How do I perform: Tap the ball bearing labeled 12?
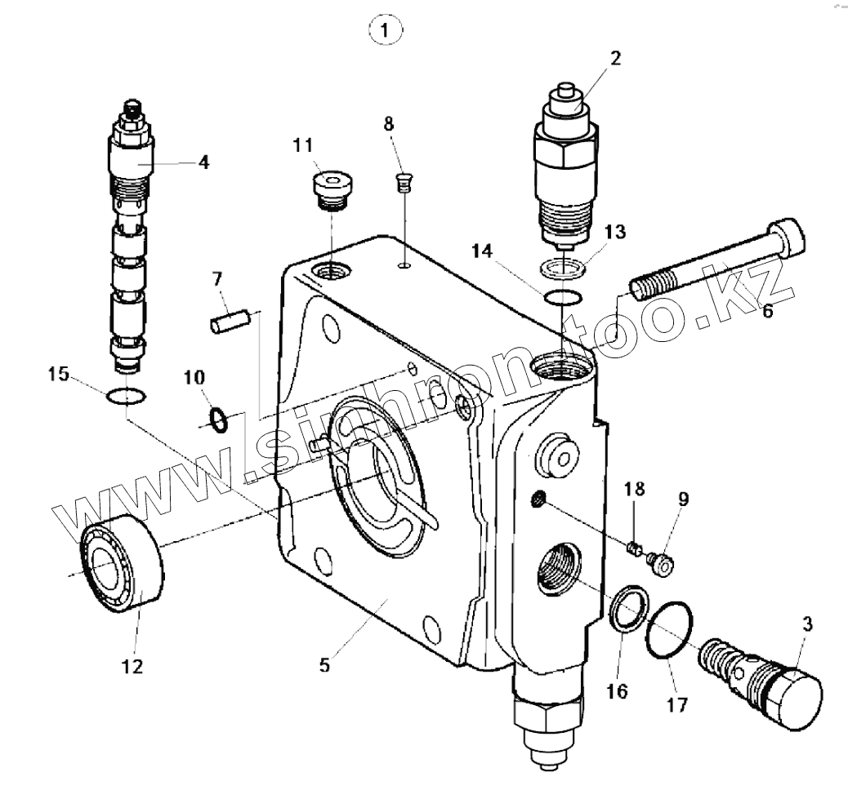point(123,563)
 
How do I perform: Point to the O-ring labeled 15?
point(127,397)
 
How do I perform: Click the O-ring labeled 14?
point(563,297)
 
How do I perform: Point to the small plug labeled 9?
point(660,563)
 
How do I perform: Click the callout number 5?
point(324,665)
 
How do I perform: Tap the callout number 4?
point(203,162)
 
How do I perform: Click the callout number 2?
point(614,58)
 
